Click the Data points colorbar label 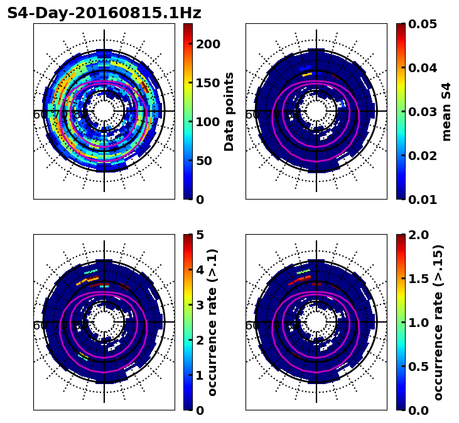point(229,111)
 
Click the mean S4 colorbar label point(446,111)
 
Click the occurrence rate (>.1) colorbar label point(212,322)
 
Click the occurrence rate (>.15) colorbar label point(438,322)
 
